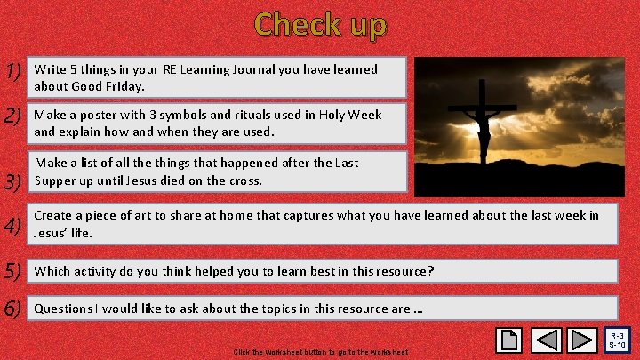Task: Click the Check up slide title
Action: point(320,24)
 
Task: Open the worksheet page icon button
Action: point(510,340)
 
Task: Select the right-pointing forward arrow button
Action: point(582,340)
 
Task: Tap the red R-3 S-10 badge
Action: point(619,340)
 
